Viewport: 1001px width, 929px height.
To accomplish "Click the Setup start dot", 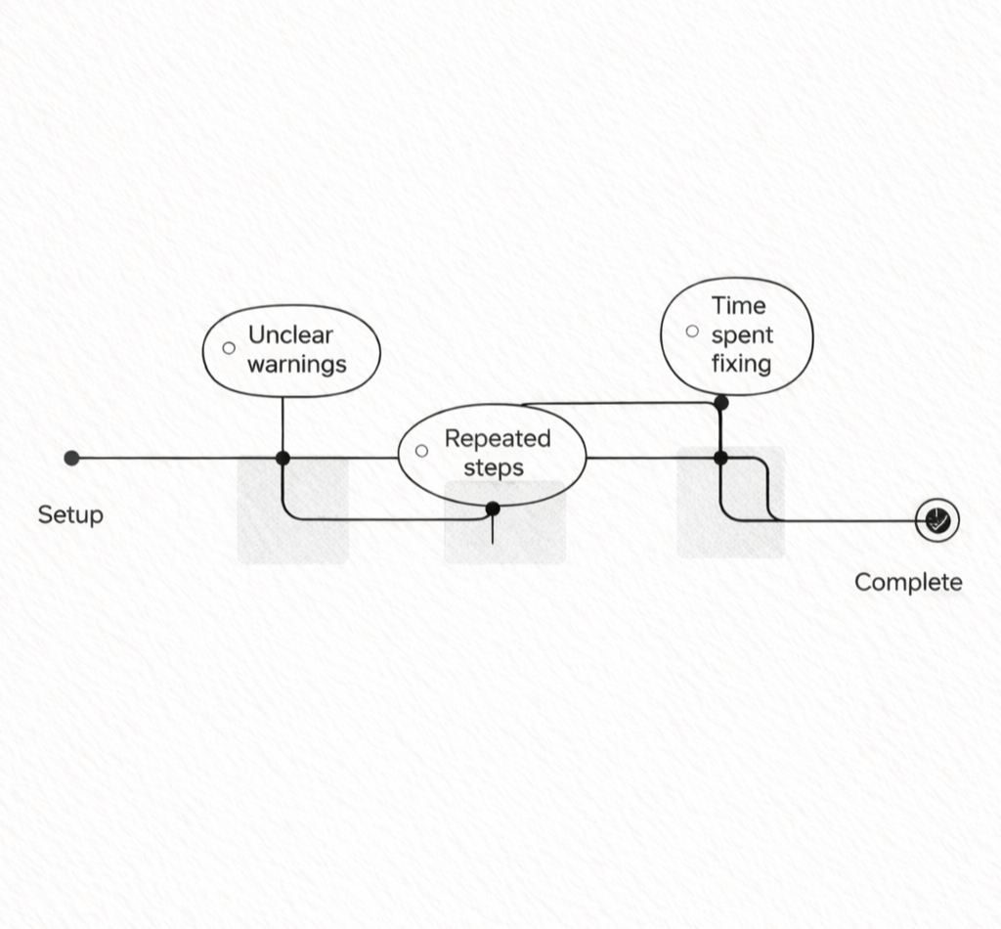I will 71,458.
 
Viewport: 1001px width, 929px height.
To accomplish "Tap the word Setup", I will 70,514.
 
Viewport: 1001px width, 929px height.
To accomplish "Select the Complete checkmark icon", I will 937,520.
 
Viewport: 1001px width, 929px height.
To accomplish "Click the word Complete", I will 908,583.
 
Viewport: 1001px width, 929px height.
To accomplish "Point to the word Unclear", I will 290,335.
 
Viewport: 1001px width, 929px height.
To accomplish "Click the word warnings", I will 296,365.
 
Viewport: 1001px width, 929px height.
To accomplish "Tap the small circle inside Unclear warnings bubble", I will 229,348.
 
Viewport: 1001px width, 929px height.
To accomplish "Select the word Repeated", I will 498,438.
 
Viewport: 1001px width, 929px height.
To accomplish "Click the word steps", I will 494,467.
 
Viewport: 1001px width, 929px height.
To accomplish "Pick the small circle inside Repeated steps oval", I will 421,451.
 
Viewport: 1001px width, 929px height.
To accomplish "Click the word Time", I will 738,305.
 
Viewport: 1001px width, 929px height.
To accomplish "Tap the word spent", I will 742,335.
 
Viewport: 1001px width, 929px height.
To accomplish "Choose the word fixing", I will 741,365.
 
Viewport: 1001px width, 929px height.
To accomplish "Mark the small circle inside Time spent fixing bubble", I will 692,331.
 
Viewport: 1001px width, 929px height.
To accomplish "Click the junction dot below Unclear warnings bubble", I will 283,458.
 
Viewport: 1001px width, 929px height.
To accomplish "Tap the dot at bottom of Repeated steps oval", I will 493,508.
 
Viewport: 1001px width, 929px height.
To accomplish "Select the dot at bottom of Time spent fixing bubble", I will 720,402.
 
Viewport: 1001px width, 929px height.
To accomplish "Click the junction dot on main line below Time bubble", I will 720,458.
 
